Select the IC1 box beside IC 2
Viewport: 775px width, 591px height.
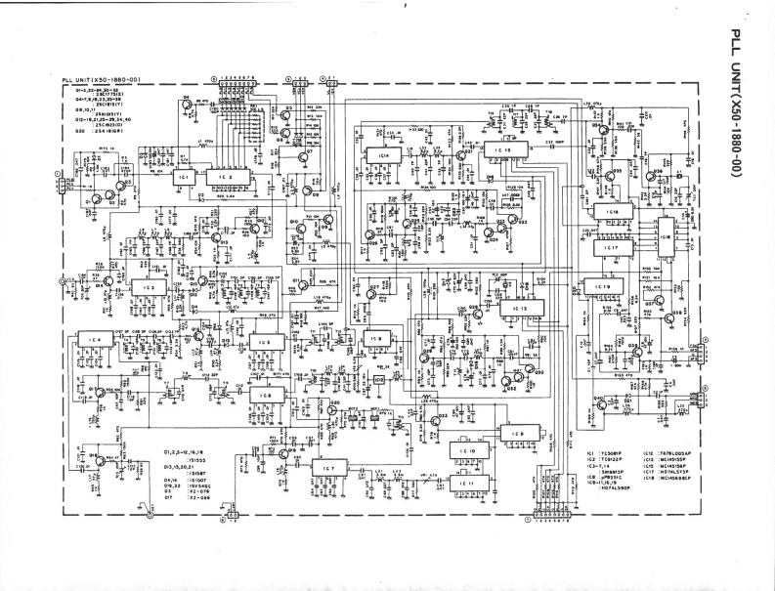(x=183, y=179)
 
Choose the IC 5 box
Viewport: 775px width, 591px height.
(x=263, y=342)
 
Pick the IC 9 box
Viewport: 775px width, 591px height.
(x=517, y=433)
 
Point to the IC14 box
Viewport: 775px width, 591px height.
(x=384, y=155)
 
